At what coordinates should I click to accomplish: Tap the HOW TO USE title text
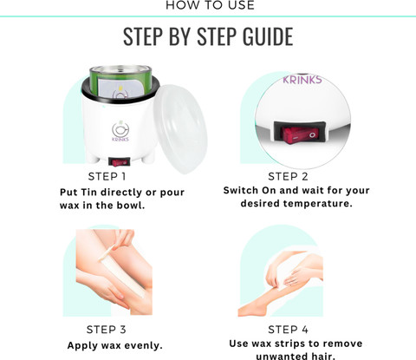210,5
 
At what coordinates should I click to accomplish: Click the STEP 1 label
107,176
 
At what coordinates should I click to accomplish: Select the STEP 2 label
288,176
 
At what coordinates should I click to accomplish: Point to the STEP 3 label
107,330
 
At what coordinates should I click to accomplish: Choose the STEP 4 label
288,330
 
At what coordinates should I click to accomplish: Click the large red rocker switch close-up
300,134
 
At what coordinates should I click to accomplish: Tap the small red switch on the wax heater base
119,162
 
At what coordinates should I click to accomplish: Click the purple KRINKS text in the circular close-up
302,80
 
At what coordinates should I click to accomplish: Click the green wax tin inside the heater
120,82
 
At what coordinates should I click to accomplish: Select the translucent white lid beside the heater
181,128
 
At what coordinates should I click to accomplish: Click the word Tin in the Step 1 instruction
88,193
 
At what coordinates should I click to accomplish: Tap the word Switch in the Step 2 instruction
241,190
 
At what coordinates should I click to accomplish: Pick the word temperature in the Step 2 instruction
318,204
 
